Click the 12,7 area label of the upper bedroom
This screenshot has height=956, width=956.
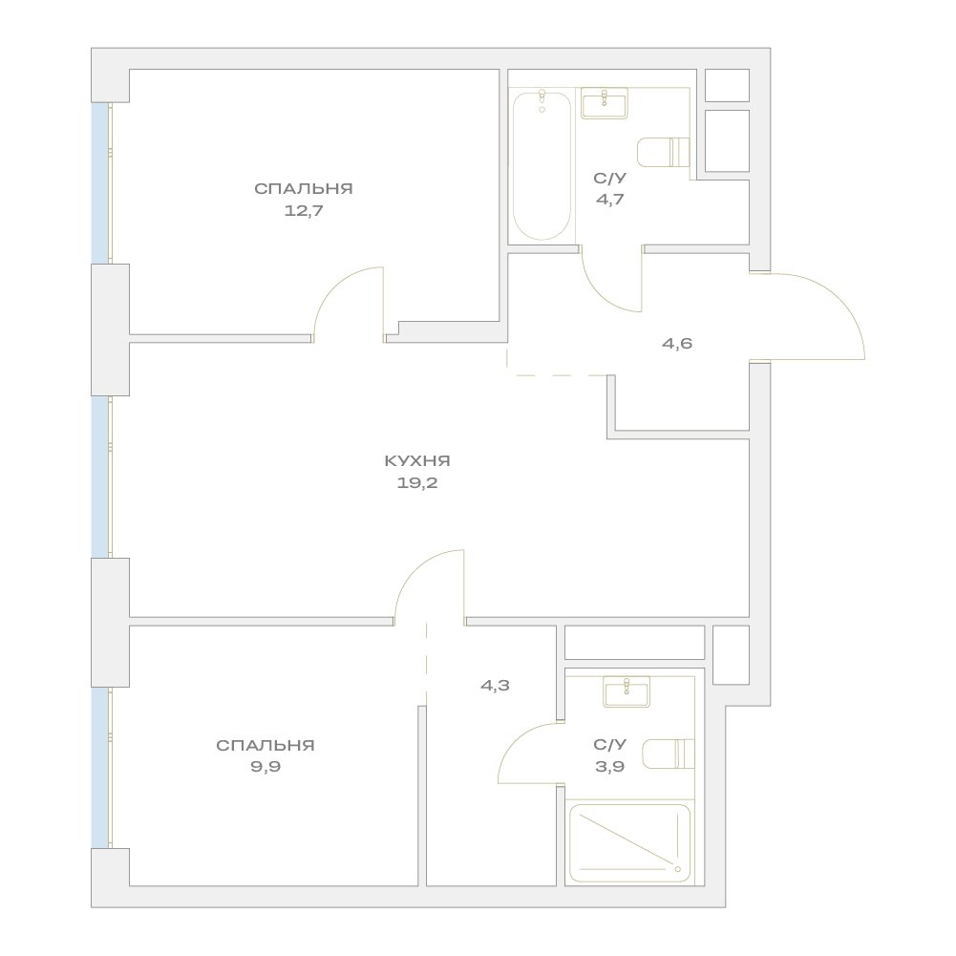(304, 211)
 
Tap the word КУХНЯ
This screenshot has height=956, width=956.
(417, 461)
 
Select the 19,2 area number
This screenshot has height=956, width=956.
(417, 483)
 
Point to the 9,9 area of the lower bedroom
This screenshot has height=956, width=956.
(266, 766)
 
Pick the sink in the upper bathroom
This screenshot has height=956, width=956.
(605, 103)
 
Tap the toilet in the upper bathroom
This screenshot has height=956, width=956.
(664, 153)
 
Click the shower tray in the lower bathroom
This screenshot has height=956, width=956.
(629, 843)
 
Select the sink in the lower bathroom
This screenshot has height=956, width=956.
(627, 691)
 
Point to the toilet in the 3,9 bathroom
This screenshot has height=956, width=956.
(669, 754)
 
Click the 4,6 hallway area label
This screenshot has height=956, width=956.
(677, 343)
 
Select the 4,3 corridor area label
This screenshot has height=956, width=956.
(495, 686)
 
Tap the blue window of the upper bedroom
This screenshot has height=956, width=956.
(99, 183)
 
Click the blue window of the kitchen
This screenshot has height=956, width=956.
(99, 477)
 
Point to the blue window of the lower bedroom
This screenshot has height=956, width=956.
(99, 768)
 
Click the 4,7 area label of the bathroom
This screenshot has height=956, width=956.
(609, 200)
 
